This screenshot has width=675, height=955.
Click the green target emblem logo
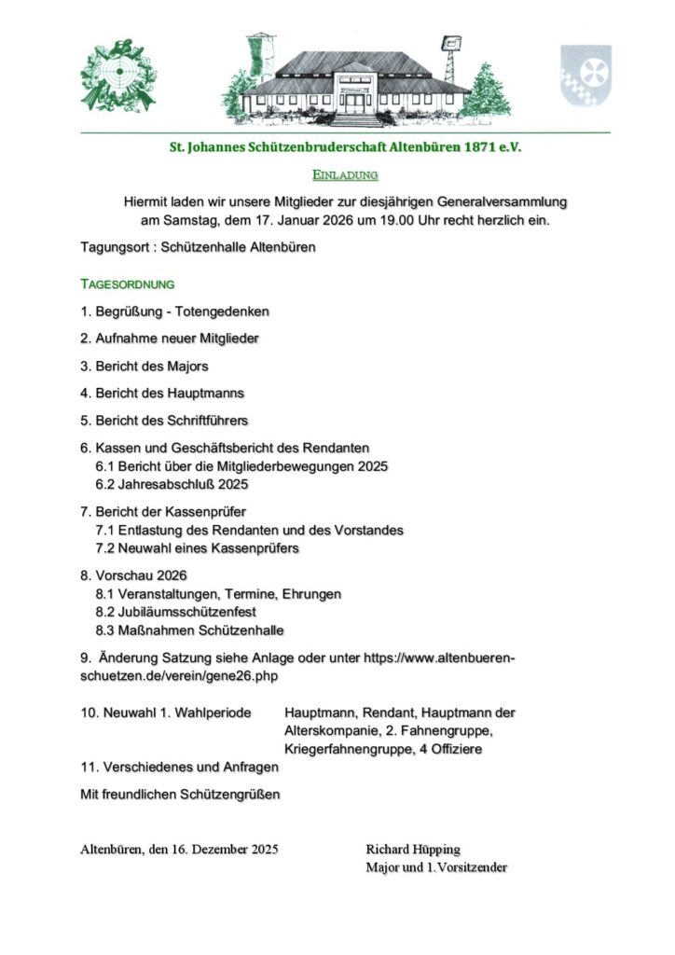tap(118, 77)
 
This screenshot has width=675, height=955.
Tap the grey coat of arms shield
tap(585, 75)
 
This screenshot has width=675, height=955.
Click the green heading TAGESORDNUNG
tap(128, 283)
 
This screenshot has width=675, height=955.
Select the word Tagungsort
tap(116, 247)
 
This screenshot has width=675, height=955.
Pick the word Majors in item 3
tap(188, 366)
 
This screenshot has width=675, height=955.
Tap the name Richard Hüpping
tap(413, 850)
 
